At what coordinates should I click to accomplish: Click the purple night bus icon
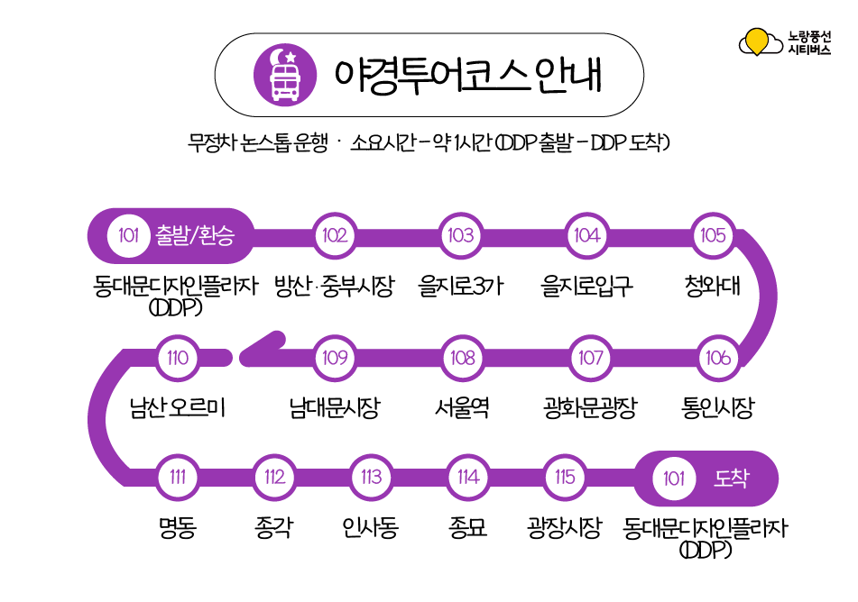[286, 74]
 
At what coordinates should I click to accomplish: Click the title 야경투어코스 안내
[467, 74]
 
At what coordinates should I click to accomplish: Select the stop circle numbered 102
[334, 236]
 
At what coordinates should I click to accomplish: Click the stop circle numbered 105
[713, 236]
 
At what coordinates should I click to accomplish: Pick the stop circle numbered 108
[463, 358]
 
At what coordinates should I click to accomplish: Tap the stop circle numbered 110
[178, 358]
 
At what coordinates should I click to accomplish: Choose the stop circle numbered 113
[371, 478]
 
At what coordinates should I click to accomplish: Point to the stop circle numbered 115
[565, 478]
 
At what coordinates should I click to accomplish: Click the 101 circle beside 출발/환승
[128, 236]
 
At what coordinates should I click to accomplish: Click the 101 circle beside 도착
[674, 479]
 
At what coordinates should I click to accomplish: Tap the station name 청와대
[713, 287]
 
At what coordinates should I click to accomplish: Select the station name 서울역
[462, 408]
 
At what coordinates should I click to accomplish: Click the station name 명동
[178, 528]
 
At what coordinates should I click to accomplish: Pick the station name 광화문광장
[590, 408]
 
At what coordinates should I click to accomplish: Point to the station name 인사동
[371, 528]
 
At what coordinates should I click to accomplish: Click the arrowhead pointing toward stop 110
[257, 354]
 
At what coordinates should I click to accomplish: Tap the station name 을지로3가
[461, 287]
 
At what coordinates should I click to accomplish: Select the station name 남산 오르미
[177, 408]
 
